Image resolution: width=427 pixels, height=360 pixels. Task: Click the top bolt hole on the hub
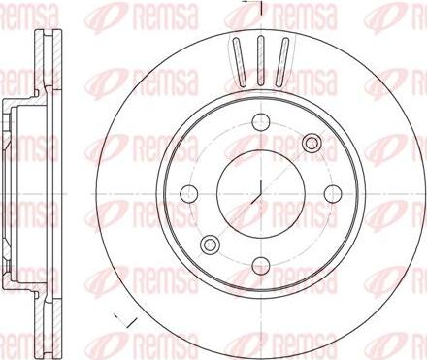tap(261, 121)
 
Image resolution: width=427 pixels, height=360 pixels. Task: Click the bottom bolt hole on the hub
tap(261, 266)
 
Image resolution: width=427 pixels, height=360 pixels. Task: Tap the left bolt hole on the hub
tap(188, 194)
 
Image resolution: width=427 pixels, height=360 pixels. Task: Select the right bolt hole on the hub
tap(333, 194)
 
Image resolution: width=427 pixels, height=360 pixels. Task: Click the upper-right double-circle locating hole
tap(312, 143)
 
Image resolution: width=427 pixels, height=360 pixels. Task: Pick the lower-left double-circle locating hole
tap(210, 245)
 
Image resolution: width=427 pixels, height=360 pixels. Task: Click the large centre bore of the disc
tap(261, 194)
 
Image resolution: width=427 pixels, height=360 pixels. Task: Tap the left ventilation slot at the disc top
tap(240, 62)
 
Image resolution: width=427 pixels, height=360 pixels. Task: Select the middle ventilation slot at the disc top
tap(261, 61)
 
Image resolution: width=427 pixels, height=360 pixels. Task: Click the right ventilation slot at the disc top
tap(281, 62)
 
